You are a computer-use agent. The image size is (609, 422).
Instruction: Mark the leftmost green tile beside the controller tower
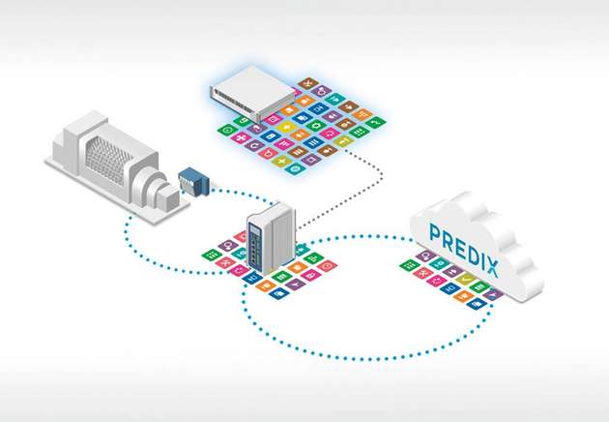[208, 255]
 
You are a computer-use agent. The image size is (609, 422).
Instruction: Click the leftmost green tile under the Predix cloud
[407, 264]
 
